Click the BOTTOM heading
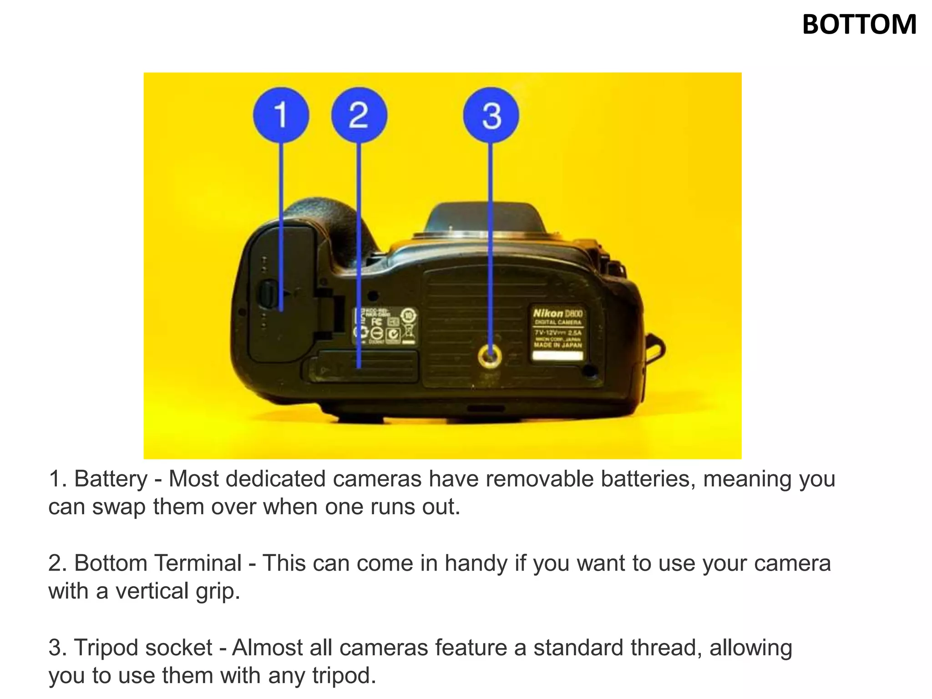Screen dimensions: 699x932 (859, 25)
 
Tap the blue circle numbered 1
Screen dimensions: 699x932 (281, 115)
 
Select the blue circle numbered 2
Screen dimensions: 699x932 (359, 115)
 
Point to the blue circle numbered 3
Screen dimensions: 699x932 (491, 115)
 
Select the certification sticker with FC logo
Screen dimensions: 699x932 (385, 325)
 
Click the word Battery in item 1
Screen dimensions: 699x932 (111, 479)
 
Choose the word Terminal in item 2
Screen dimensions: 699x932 (198, 563)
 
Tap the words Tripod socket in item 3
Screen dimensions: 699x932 (143, 648)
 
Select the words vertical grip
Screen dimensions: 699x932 (177, 591)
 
